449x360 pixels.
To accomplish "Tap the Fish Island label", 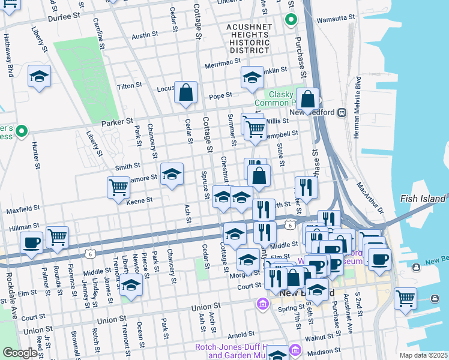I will click(423, 199).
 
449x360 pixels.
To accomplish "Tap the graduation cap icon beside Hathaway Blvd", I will click(39, 77).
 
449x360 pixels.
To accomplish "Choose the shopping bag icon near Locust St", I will click(186, 92).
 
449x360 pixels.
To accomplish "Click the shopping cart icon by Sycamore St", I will click(118, 187).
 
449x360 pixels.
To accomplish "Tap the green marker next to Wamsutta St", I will click(291, 20).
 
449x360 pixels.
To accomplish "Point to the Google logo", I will click(20, 353).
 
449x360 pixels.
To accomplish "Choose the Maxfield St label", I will click(23, 210).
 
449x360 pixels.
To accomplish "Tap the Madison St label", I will click(325, 350).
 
